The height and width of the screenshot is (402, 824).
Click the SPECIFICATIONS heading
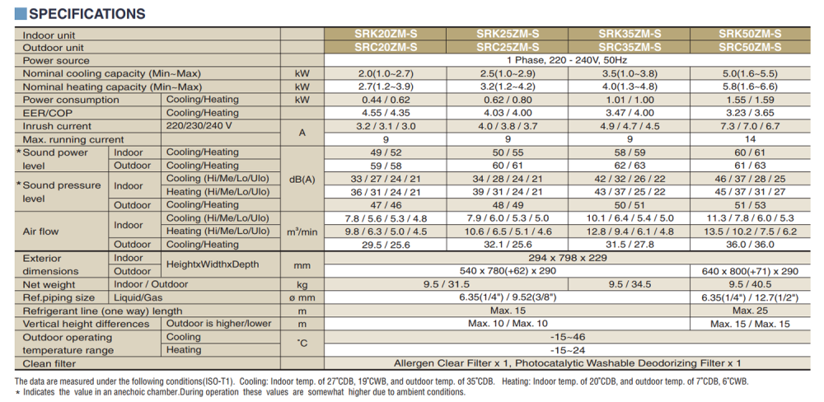[81, 14]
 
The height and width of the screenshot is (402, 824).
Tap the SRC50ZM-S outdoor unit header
[750, 47]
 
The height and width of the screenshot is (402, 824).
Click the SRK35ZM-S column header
[630, 35]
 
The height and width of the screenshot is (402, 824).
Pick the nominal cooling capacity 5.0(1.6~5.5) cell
[750, 73]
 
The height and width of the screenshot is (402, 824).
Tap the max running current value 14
[750, 139]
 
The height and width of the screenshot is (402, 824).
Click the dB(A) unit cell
[302, 179]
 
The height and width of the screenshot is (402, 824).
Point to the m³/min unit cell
[302, 231]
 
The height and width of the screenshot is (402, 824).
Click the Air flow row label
[41, 231]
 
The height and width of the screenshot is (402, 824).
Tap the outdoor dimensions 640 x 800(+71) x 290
[750, 271]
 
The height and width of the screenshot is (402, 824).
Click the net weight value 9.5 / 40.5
[750, 284]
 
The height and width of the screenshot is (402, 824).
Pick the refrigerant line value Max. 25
[750, 311]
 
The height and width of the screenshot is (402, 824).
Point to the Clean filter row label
[49, 363]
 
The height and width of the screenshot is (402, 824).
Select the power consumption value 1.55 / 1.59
[750, 100]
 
